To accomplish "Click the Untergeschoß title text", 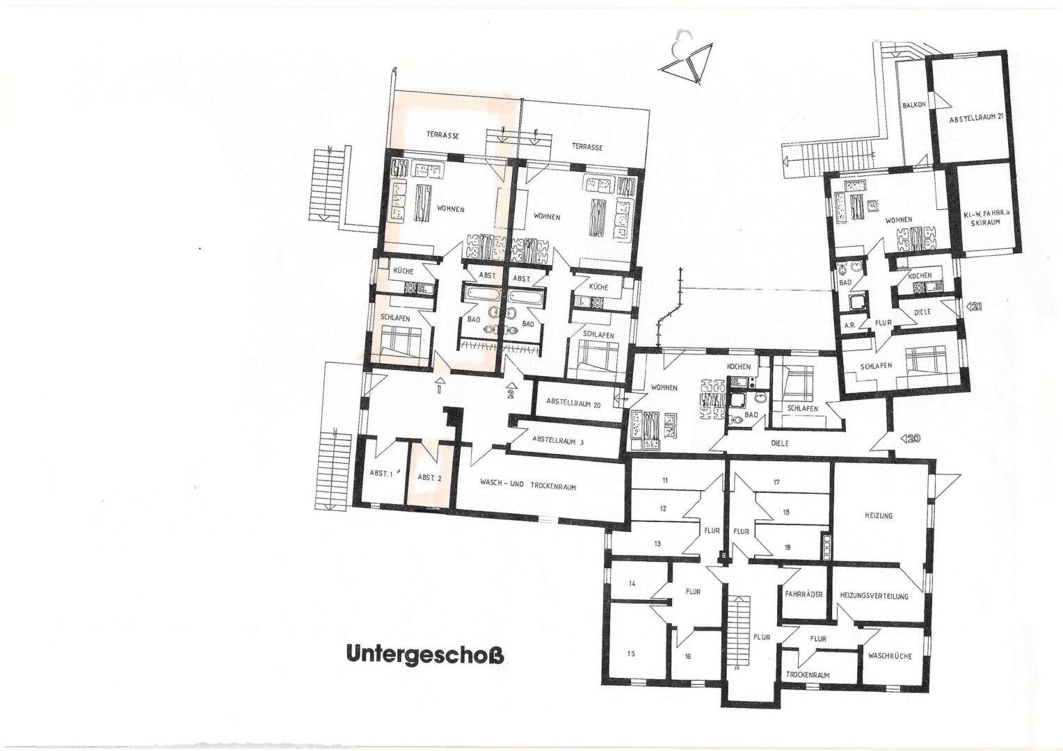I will [424, 655].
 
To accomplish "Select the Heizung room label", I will [878, 515].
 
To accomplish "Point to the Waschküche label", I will [889, 656].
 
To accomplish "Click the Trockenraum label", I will [808, 675].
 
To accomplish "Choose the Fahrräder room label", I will [804, 595].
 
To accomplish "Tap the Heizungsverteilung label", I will [873, 596].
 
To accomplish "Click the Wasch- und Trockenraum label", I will [528, 486].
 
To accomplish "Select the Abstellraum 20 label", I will [573, 402].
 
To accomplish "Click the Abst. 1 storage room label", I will [381, 474].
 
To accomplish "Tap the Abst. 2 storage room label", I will [429, 478].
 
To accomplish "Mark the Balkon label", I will [913, 105].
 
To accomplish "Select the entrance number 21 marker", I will [974, 305].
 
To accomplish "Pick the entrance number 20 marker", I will [911, 439].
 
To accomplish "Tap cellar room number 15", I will [631, 653].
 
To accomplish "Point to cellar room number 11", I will [665, 481].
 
